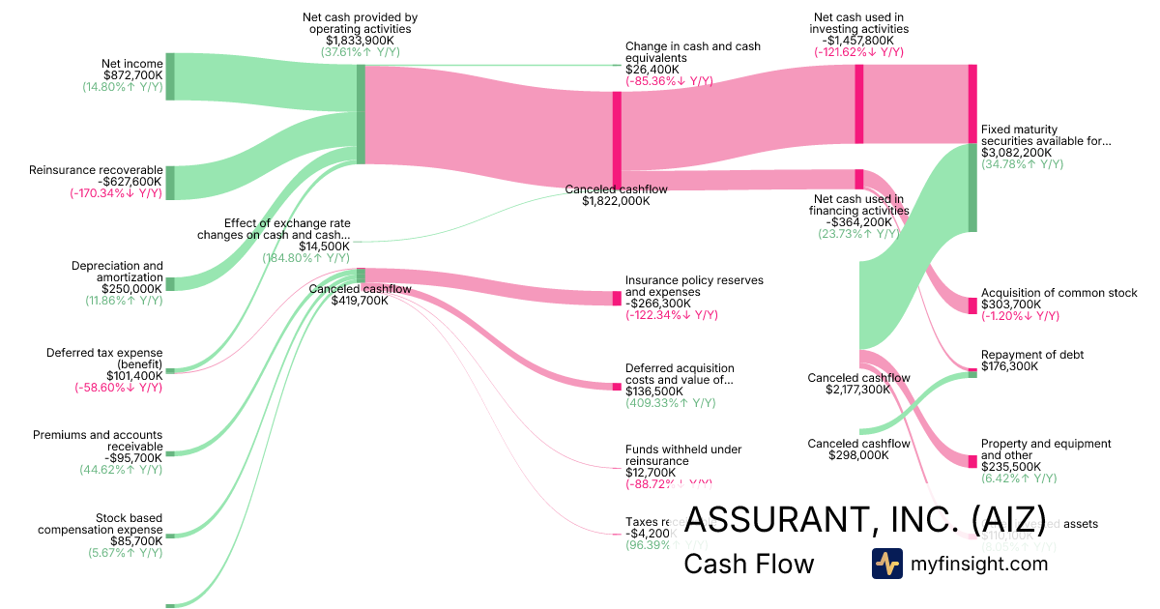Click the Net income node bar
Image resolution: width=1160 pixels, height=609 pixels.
point(169,76)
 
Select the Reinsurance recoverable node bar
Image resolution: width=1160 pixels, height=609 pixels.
point(169,183)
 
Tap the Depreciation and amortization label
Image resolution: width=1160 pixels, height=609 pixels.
point(117,271)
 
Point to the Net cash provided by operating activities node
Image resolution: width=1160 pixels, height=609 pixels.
point(361,114)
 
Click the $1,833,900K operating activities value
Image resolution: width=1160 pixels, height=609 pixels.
point(360,41)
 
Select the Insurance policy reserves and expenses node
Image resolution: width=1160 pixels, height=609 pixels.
point(617,298)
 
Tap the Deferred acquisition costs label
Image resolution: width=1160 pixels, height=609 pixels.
point(680,374)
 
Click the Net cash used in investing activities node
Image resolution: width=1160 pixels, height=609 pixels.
point(858,104)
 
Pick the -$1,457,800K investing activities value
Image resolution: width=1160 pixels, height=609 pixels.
point(858,41)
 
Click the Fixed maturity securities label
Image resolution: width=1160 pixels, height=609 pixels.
point(1046,135)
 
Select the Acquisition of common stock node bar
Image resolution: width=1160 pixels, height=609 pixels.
point(972,305)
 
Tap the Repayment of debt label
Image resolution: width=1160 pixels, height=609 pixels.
point(1031,355)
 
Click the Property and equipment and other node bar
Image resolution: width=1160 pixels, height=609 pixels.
point(972,462)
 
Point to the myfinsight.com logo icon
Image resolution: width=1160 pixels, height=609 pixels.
point(886,564)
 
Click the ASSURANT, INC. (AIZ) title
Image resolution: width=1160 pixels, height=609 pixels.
point(864,518)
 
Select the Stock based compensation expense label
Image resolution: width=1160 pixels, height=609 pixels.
point(101,524)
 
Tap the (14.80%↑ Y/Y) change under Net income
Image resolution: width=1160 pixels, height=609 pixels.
point(123,87)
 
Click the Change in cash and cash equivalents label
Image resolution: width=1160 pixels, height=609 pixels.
point(692,52)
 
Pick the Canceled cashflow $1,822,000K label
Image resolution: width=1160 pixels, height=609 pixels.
point(616,195)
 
